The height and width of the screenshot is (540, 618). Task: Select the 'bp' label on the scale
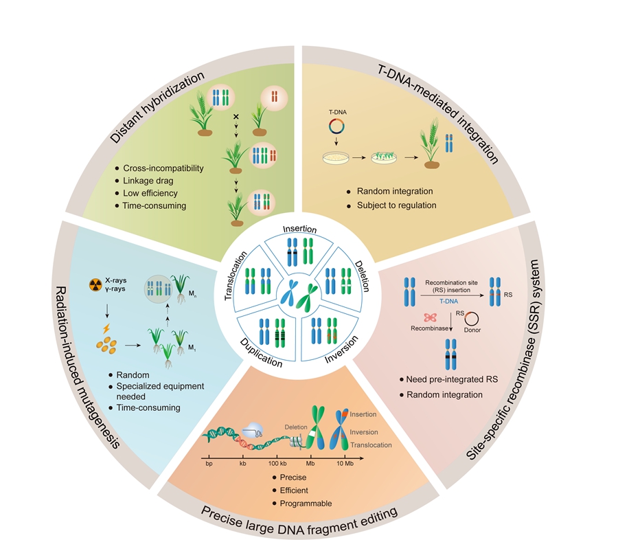click(209, 465)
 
